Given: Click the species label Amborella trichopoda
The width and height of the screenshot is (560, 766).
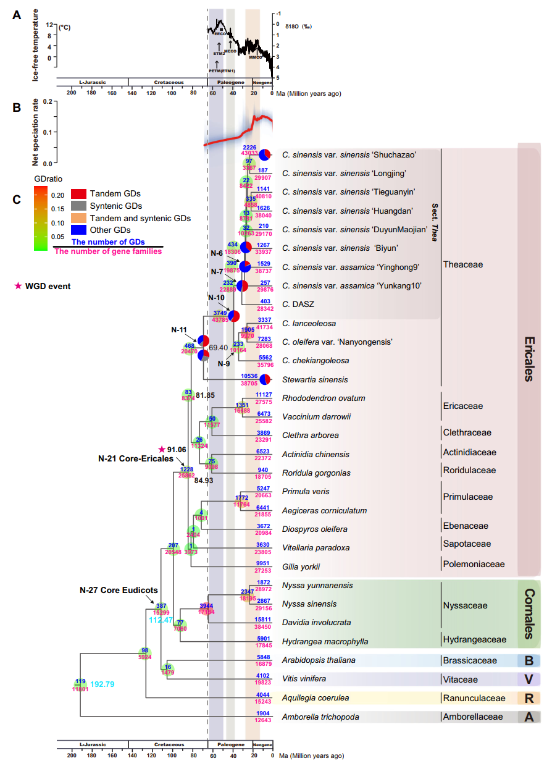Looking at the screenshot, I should click(x=320, y=717).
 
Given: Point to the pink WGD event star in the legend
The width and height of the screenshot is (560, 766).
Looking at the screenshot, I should click(x=18, y=286).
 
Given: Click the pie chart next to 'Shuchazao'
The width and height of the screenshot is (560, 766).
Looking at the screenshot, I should click(x=266, y=155).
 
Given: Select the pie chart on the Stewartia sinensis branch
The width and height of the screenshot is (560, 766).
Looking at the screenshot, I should click(x=266, y=379).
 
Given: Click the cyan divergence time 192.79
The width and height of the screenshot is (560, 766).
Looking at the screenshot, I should click(x=103, y=684).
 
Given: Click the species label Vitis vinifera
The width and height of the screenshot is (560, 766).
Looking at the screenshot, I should click(x=304, y=679).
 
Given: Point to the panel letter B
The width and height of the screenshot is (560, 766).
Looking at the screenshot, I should click(x=17, y=107).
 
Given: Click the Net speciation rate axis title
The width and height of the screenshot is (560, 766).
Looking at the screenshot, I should click(x=36, y=132).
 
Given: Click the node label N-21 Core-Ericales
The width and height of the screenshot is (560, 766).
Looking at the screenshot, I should click(x=135, y=459).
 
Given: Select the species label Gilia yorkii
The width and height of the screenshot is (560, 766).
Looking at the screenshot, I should click(x=301, y=566).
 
